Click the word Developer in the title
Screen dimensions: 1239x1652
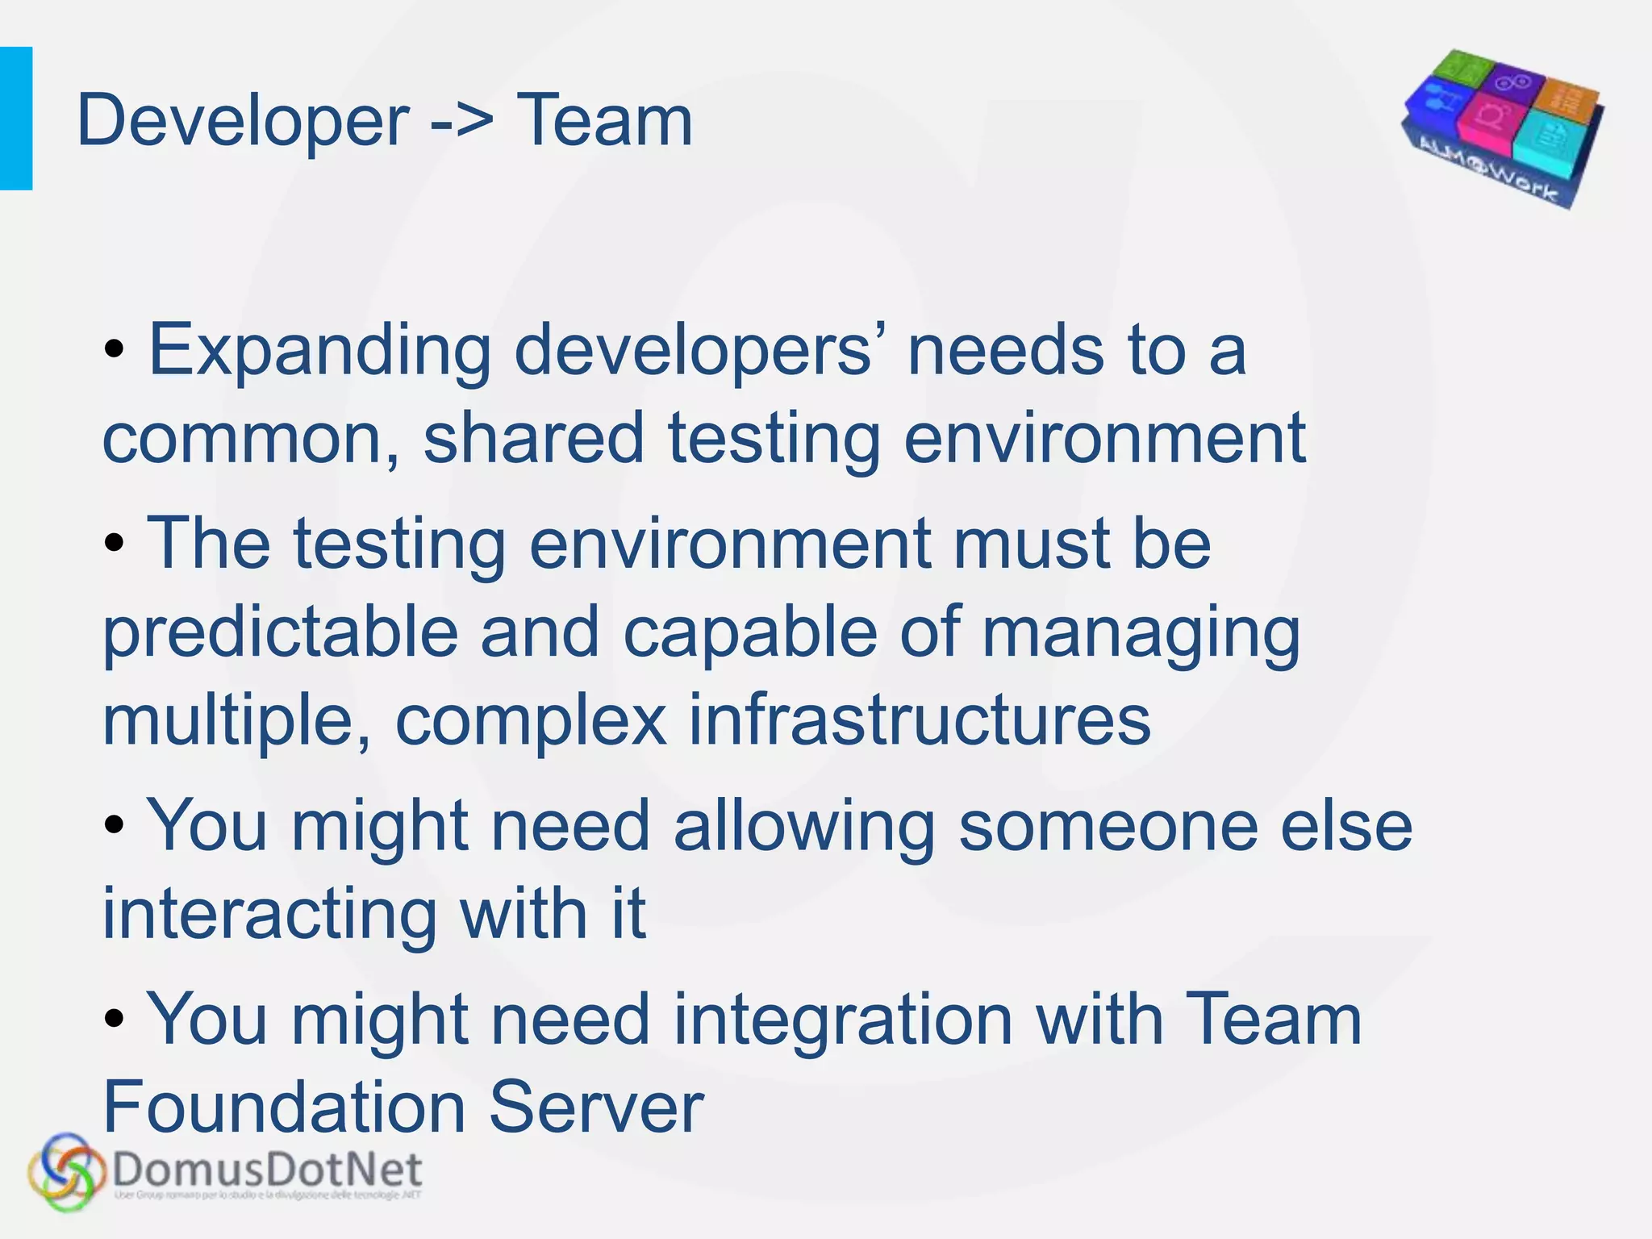243,122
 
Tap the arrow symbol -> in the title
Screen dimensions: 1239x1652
462,122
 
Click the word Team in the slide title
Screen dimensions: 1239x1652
604,122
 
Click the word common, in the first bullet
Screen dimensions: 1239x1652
251,440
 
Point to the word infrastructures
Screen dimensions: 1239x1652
920,720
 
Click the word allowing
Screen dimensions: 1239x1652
804,828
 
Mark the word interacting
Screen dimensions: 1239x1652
269,916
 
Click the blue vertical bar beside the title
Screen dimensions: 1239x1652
16,119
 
